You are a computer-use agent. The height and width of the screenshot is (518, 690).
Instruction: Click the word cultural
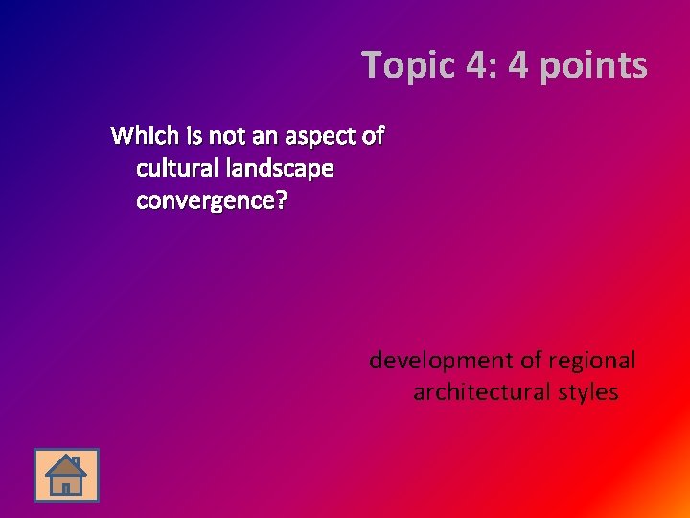pos(178,169)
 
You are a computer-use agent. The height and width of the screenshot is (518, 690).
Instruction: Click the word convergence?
pos(212,201)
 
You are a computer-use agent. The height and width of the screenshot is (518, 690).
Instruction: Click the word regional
pos(592,361)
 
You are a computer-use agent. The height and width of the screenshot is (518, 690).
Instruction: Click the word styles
pos(588,392)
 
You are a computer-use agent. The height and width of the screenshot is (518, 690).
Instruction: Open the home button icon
pos(66,475)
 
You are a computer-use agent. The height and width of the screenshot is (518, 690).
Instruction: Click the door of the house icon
pos(65,487)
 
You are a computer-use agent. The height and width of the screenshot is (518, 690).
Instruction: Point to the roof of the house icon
pos(65,465)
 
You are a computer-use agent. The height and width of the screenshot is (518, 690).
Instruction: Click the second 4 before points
pos(520,66)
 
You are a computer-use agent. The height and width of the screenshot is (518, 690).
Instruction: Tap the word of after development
pos(532,361)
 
